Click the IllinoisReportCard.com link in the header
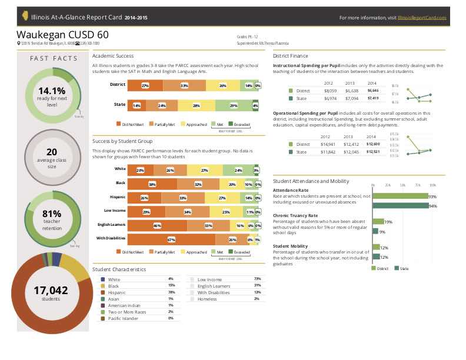click(x=422, y=18)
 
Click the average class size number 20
click(x=52, y=152)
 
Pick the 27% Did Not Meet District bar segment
click(x=145, y=85)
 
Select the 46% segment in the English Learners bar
click(x=157, y=225)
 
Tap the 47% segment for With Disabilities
click(x=171, y=239)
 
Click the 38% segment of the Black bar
click(x=152, y=184)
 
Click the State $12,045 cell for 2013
click(x=351, y=152)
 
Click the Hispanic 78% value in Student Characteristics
click(x=171, y=292)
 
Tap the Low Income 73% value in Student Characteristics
click(x=257, y=279)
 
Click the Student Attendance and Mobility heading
click(x=311, y=181)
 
